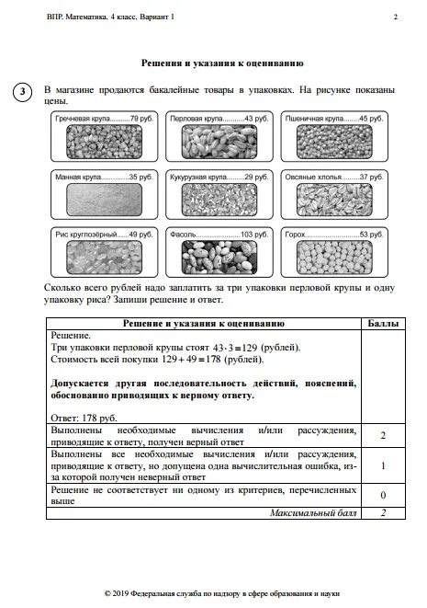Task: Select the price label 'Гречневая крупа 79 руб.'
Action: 96,120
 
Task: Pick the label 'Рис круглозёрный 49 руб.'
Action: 96,235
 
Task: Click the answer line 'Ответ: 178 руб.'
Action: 84,417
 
